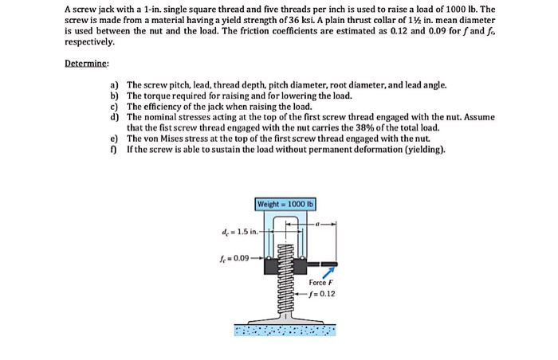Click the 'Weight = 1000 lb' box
click(x=285, y=205)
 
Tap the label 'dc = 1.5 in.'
click(x=241, y=232)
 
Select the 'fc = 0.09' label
click(x=235, y=258)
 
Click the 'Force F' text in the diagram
click(x=320, y=282)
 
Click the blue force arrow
click(x=326, y=272)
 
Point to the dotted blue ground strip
click(x=285, y=329)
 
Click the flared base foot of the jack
click(x=285, y=316)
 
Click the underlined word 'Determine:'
click(x=87, y=65)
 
